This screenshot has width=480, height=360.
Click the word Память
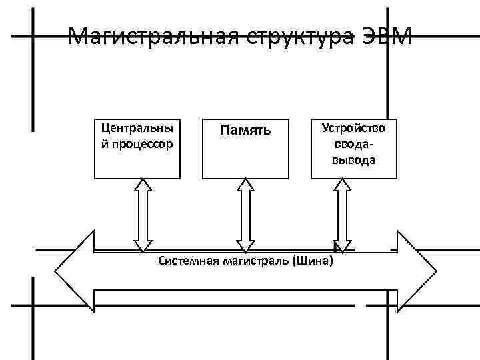(245, 129)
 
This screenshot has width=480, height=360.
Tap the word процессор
(141, 143)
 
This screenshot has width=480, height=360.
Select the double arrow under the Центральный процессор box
(143, 215)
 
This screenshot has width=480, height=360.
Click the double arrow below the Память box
(245, 215)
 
